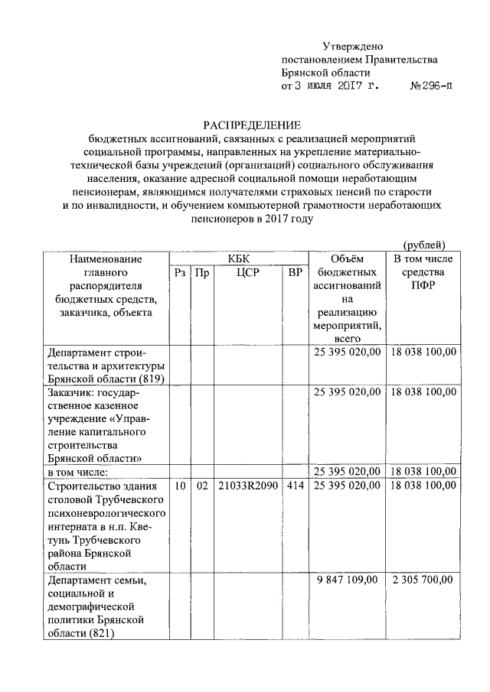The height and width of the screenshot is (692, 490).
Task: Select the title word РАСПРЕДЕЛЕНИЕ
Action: pyautogui.click(x=252, y=125)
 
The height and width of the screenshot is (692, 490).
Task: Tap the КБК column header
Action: pyautogui.click(x=238, y=258)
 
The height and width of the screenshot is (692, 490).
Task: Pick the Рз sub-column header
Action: pyautogui.click(x=179, y=272)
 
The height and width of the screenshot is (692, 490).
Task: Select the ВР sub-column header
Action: pyautogui.click(x=295, y=272)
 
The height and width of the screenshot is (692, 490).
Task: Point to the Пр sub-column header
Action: pyautogui.click(x=201, y=272)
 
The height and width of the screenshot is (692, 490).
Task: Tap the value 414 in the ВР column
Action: pyautogui.click(x=295, y=486)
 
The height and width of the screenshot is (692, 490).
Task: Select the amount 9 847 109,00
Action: pyautogui.click(x=347, y=580)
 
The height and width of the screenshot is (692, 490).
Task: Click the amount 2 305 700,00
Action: pyautogui.click(x=423, y=580)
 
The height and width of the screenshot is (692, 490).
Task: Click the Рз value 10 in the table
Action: pyautogui.click(x=179, y=486)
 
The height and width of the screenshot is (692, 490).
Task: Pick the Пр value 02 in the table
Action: pyautogui.click(x=201, y=486)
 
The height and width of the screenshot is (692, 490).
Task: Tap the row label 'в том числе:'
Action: pyautogui.click(x=78, y=472)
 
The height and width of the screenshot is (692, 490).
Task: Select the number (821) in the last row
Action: pyautogui.click(x=103, y=634)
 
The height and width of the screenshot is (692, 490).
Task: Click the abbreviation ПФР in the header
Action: pyautogui.click(x=423, y=285)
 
